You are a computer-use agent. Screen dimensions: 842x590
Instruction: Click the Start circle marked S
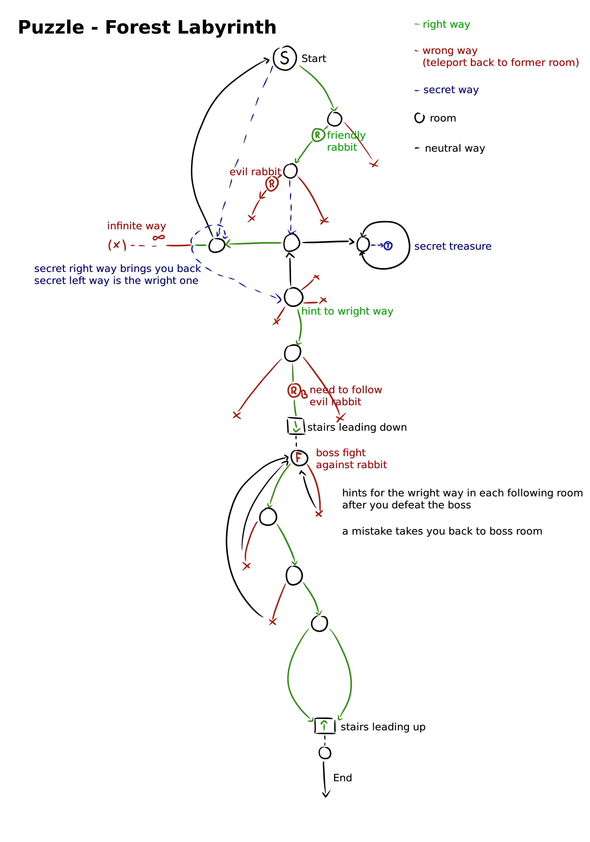coord(285,58)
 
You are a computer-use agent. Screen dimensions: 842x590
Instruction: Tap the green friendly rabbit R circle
coord(318,135)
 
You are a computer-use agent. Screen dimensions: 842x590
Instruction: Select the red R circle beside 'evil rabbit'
coord(272,184)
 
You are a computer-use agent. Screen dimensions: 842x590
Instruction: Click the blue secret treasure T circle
coord(388,246)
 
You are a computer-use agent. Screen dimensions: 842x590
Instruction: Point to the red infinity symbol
coord(159,238)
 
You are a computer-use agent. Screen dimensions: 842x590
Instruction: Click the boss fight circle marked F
coord(299,458)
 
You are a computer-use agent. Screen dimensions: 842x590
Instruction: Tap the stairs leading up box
coord(325,725)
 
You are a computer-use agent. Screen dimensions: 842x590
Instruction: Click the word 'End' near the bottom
coord(342,778)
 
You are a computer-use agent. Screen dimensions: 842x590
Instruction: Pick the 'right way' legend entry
coord(446,24)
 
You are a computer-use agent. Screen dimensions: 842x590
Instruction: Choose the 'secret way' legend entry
coord(451,90)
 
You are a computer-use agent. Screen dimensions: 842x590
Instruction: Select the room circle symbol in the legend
coord(419,118)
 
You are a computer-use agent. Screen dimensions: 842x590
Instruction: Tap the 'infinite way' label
coord(136,226)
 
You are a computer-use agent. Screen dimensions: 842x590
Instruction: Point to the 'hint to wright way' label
coord(347,311)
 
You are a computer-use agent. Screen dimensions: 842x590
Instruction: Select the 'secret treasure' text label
coord(453,246)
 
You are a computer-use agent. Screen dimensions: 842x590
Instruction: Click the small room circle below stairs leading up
coord(325,753)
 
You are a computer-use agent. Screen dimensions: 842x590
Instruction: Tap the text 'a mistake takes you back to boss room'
coord(442,531)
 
